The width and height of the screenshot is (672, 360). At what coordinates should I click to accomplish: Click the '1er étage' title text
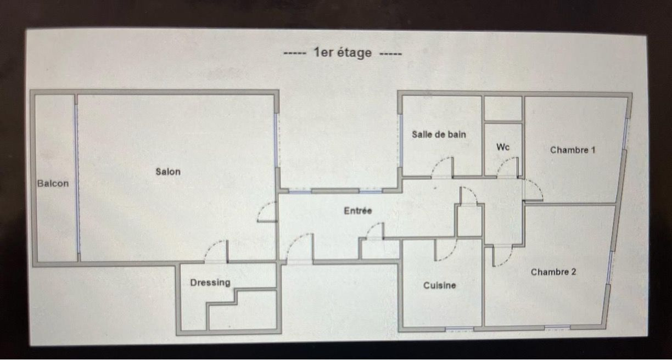pyautogui.click(x=343, y=53)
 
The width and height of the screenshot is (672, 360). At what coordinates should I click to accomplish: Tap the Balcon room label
pyautogui.click(x=53, y=183)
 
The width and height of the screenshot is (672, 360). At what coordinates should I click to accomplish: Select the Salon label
pyautogui.click(x=168, y=172)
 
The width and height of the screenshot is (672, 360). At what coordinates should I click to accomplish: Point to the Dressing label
pyautogui.click(x=210, y=283)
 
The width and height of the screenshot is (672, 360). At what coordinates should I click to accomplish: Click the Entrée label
pyautogui.click(x=358, y=211)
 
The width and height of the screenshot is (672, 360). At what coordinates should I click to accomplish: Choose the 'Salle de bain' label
pyautogui.click(x=439, y=134)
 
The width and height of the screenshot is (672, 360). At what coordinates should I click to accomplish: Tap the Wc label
pyautogui.click(x=503, y=147)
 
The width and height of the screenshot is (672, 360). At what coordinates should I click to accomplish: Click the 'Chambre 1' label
pyautogui.click(x=573, y=150)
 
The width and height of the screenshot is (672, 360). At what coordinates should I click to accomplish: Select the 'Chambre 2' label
pyautogui.click(x=553, y=272)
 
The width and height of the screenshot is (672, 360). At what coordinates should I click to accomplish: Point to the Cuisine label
pyautogui.click(x=440, y=285)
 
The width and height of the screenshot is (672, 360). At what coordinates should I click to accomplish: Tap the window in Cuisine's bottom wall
pyautogui.click(x=459, y=329)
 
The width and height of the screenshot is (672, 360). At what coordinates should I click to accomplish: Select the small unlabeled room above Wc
pyautogui.click(x=503, y=109)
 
